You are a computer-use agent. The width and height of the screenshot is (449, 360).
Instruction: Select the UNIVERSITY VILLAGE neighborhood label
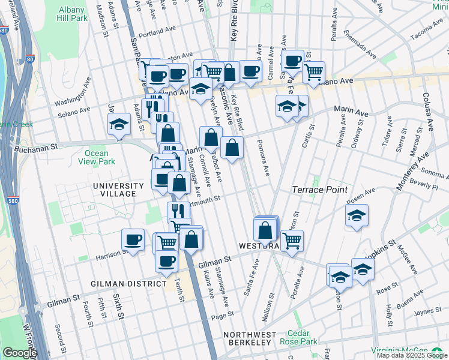coord(118,190)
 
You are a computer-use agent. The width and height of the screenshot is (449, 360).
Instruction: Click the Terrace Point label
coord(319,190)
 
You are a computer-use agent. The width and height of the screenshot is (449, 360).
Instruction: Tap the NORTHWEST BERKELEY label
coord(250,338)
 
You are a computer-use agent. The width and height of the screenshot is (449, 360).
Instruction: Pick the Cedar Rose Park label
coord(302,337)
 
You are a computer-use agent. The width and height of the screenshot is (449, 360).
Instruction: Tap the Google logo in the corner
coord(20,353)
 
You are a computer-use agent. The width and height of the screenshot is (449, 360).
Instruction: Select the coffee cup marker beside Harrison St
coord(133,240)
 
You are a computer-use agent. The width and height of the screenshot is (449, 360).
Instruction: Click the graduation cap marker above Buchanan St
coord(119,124)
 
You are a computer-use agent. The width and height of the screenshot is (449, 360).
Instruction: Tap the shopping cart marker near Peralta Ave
coord(292,241)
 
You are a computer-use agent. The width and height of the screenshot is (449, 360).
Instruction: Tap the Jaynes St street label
coord(427,311)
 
